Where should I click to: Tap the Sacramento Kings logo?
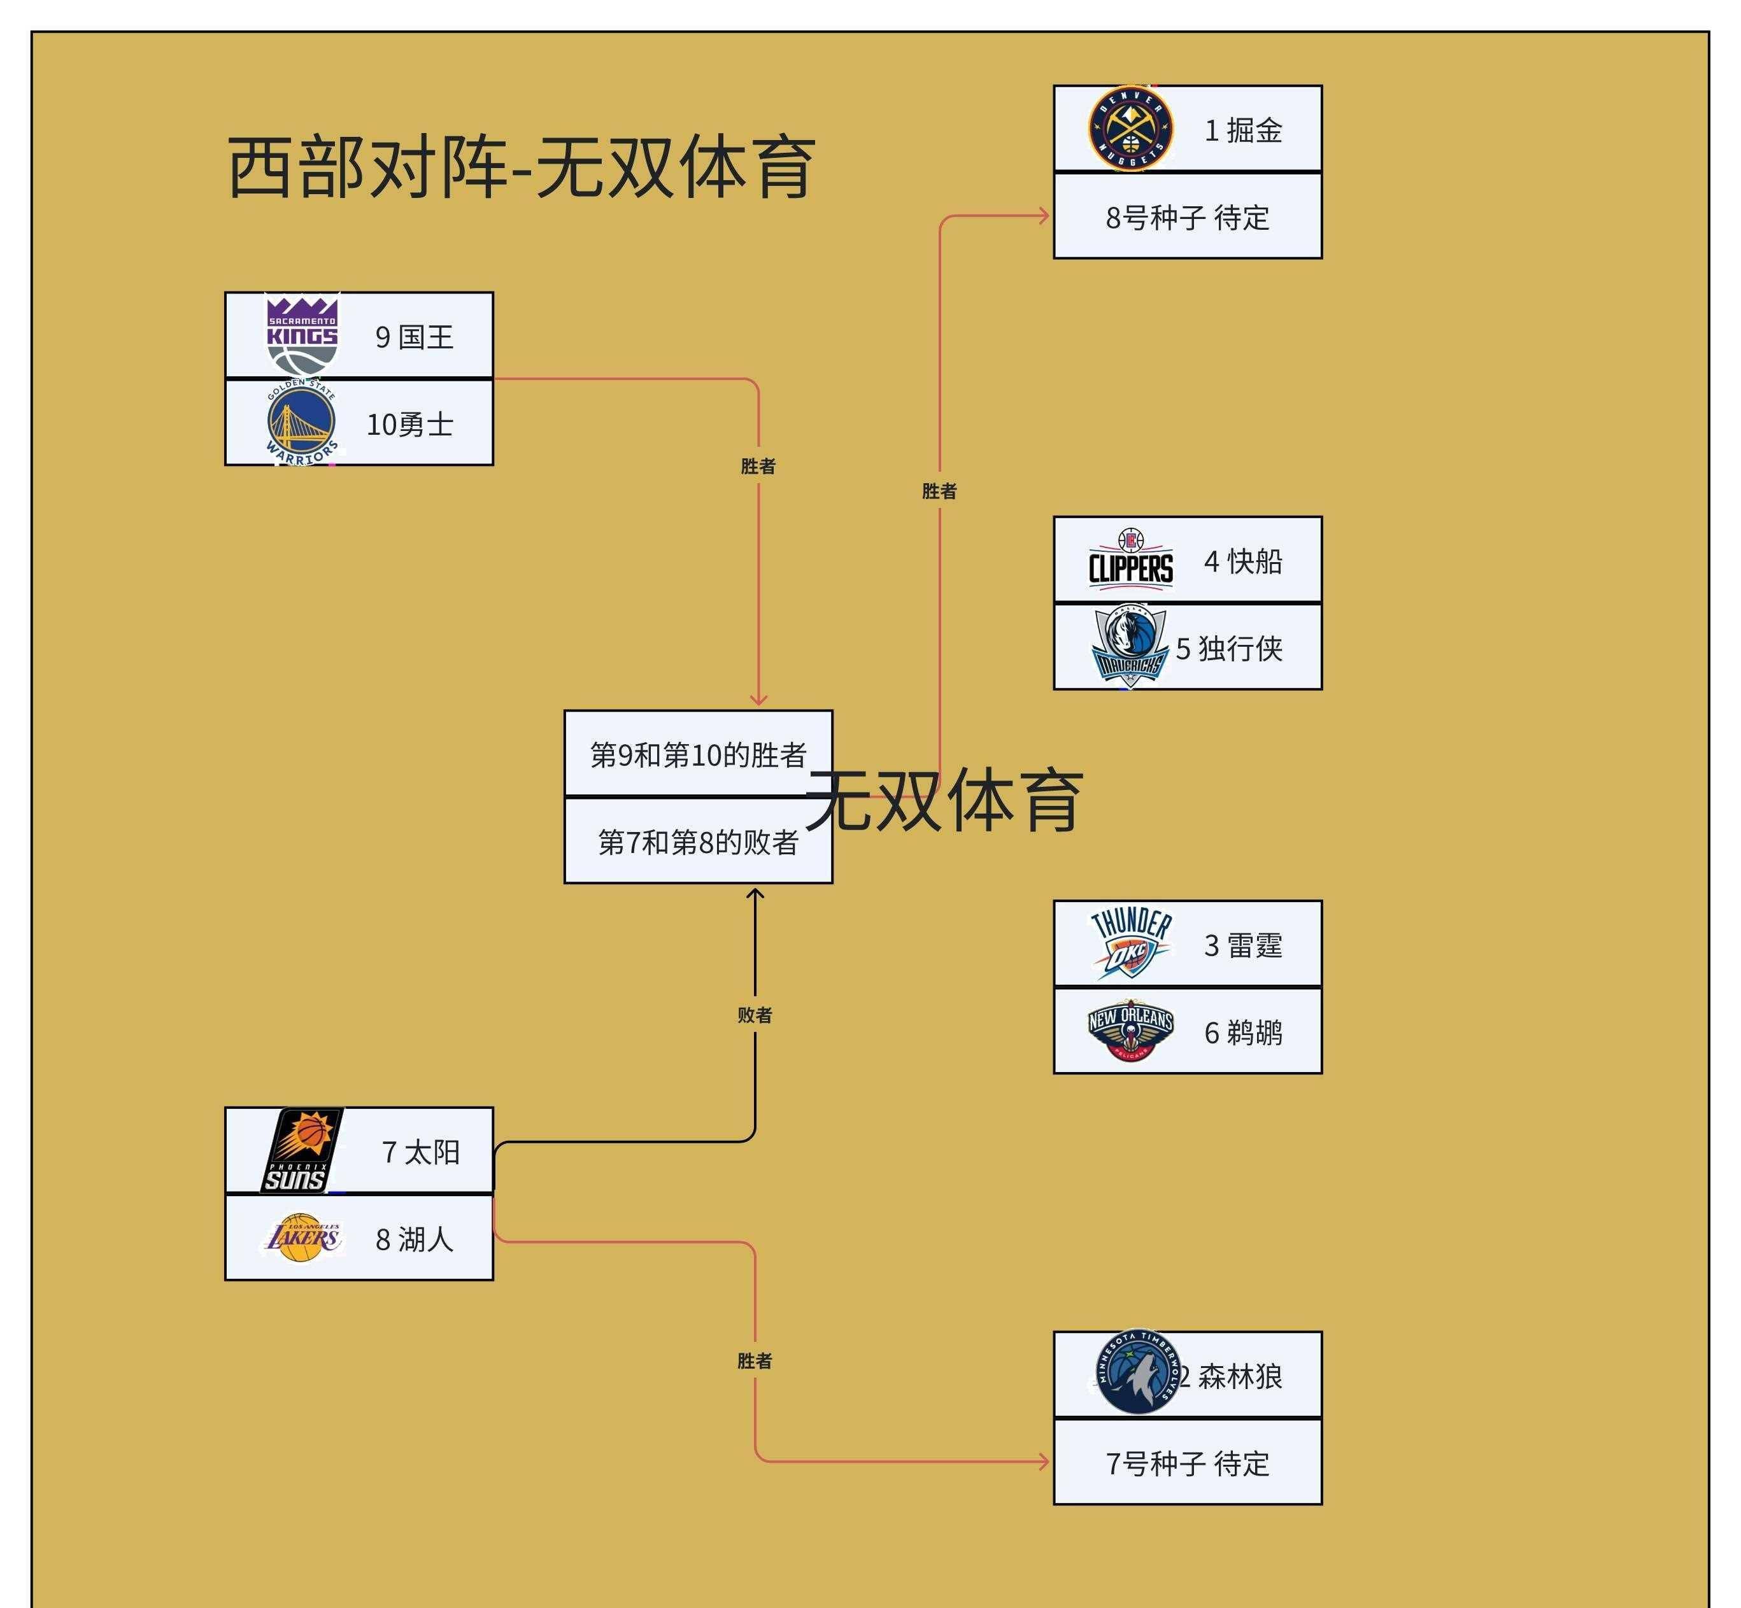coord(301,335)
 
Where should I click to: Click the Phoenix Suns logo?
coord(301,1150)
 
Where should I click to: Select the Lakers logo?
coord(302,1238)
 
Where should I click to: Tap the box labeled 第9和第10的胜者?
coord(697,754)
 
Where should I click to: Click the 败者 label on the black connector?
coord(754,1015)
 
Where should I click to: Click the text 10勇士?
coord(409,425)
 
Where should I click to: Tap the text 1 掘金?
coord(1242,130)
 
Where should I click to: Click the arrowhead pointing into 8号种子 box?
coord(1044,216)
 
